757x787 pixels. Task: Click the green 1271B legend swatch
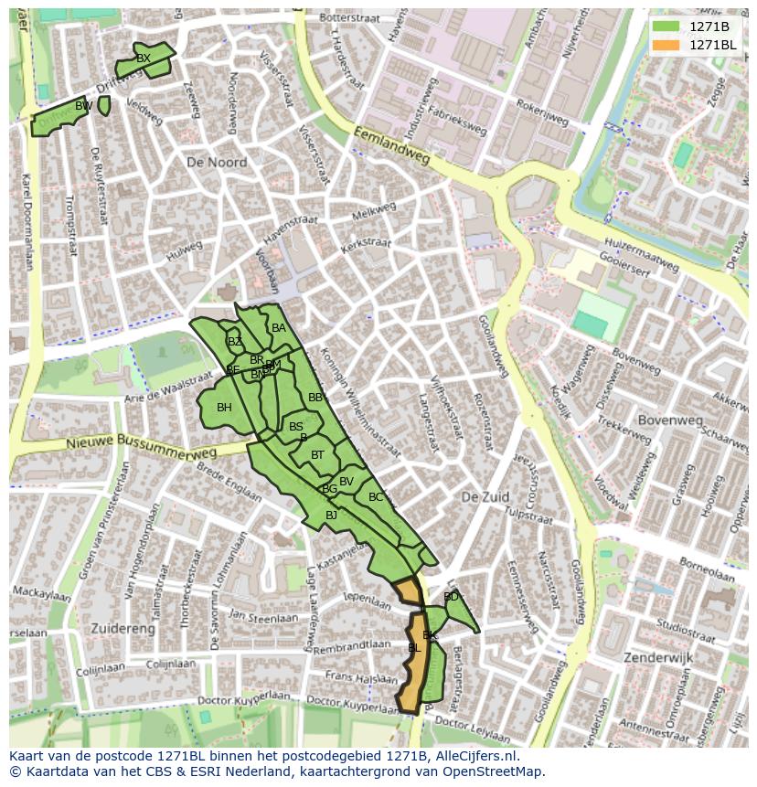[x=666, y=27]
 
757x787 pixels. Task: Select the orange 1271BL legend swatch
[x=666, y=45]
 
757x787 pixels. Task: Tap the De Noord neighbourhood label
[x=216, y=162]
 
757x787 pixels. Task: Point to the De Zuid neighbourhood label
[x=484, y=496]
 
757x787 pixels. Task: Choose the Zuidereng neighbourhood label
[x=123, y=628]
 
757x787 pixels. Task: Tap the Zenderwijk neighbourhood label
[x=658, y=657]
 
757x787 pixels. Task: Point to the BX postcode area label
[x=143, y=58]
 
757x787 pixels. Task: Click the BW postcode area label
[x=83, y=106]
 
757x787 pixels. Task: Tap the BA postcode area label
[x=279, y=328]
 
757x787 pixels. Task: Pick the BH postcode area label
[x=224, y=408]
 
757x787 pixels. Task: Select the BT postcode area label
[x=317, y=455]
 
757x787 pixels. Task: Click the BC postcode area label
[x=376, y=497]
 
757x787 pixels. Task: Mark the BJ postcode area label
[x=331, y=516]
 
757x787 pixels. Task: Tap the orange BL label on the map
[x=413, y=647]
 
